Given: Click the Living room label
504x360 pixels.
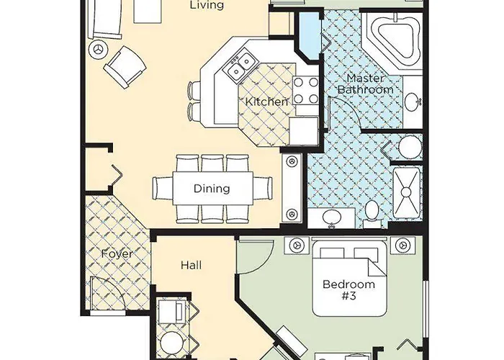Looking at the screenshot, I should (206, 6).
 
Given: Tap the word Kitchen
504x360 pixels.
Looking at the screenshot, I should (266, 102).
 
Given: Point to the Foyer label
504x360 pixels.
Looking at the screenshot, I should (116, 253).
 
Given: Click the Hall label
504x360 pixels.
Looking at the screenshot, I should (191, 265).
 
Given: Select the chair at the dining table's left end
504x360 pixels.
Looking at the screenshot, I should (162, 189).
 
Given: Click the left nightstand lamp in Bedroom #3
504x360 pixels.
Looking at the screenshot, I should (295, 246).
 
